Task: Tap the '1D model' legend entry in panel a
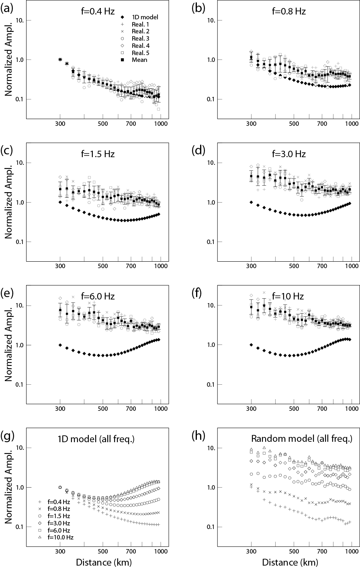tap(145, 17)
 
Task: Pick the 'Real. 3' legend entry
tap(141, 38)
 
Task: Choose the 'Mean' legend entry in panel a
tap(140, 60)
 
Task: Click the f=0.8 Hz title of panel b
tap(288, 11)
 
